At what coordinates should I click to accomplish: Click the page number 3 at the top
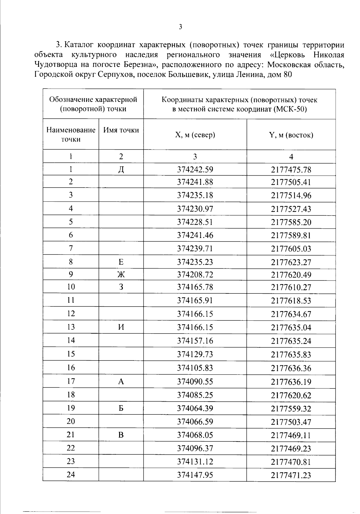180,27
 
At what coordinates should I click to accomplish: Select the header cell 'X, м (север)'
195,135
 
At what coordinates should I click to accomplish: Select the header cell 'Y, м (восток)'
291,135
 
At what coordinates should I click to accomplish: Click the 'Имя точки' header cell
121,130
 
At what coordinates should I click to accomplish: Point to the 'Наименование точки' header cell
71,135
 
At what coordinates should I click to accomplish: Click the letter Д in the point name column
121,170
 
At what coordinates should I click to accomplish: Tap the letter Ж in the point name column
121,275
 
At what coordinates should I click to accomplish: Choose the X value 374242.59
195,170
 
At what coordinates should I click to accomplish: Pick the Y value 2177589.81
291,235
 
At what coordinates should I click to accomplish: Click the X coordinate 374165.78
195,287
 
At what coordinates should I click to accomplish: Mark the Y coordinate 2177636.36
291,368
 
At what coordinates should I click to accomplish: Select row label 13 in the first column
71,327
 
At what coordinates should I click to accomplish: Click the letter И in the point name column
121,327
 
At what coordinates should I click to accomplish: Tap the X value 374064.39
195,409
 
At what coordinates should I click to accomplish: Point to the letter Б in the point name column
121,408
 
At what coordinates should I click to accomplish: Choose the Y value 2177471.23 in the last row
291,475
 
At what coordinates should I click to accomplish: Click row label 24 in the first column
71,475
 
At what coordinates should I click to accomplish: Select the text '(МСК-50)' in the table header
290,109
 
